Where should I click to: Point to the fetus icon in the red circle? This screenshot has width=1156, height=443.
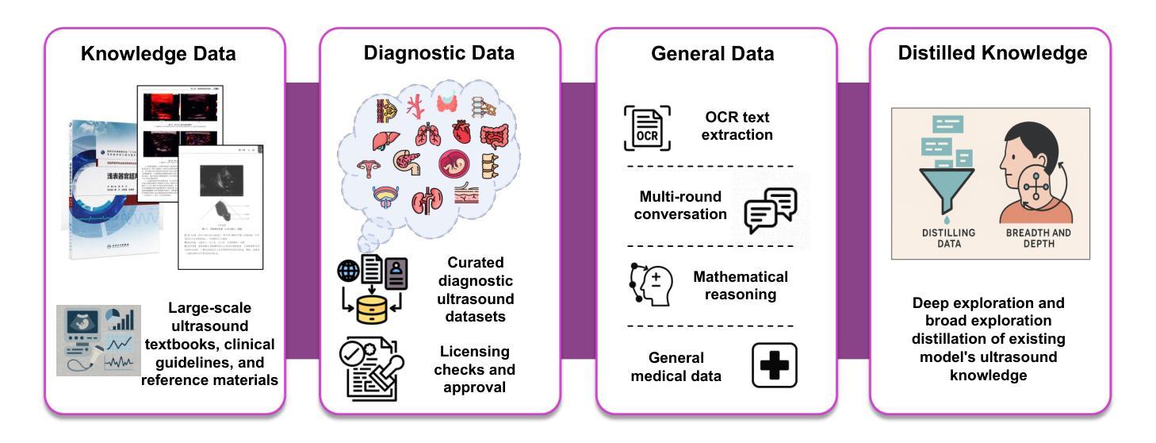tap(453, 164)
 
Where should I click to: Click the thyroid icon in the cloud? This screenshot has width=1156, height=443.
tap(447, 103)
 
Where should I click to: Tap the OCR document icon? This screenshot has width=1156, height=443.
tap(646, 128)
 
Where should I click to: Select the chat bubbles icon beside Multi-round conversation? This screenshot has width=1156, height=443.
tap(770, 209)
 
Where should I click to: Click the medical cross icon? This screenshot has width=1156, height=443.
tap(774, 365)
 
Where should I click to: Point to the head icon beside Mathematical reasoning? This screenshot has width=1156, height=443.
tap(651, 283)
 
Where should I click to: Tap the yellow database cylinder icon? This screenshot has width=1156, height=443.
tap(371, 309)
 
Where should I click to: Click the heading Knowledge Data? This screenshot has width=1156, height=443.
tap(159, 54)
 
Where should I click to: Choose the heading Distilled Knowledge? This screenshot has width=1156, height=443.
tap(992, 53)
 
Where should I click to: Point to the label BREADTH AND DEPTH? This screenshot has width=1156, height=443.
tap(1038, 238)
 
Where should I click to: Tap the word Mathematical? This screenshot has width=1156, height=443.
tap(741, 277)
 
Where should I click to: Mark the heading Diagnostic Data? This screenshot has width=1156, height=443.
tap(438, 53)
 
